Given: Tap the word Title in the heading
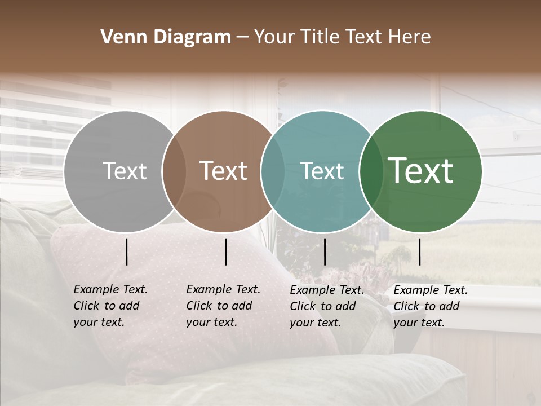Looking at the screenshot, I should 321,37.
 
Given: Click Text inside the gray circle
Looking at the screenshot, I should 125,171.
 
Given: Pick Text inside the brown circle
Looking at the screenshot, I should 223,171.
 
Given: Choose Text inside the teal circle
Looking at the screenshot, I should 322,171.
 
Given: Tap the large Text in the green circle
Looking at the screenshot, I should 421,171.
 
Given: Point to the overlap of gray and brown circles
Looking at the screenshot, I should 174,171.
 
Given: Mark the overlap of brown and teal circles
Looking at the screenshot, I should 272,171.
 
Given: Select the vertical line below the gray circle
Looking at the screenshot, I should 127,251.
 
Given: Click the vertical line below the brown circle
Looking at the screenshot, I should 225,251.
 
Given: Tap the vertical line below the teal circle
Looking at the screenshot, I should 325,251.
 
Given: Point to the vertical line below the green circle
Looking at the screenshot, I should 419,251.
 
